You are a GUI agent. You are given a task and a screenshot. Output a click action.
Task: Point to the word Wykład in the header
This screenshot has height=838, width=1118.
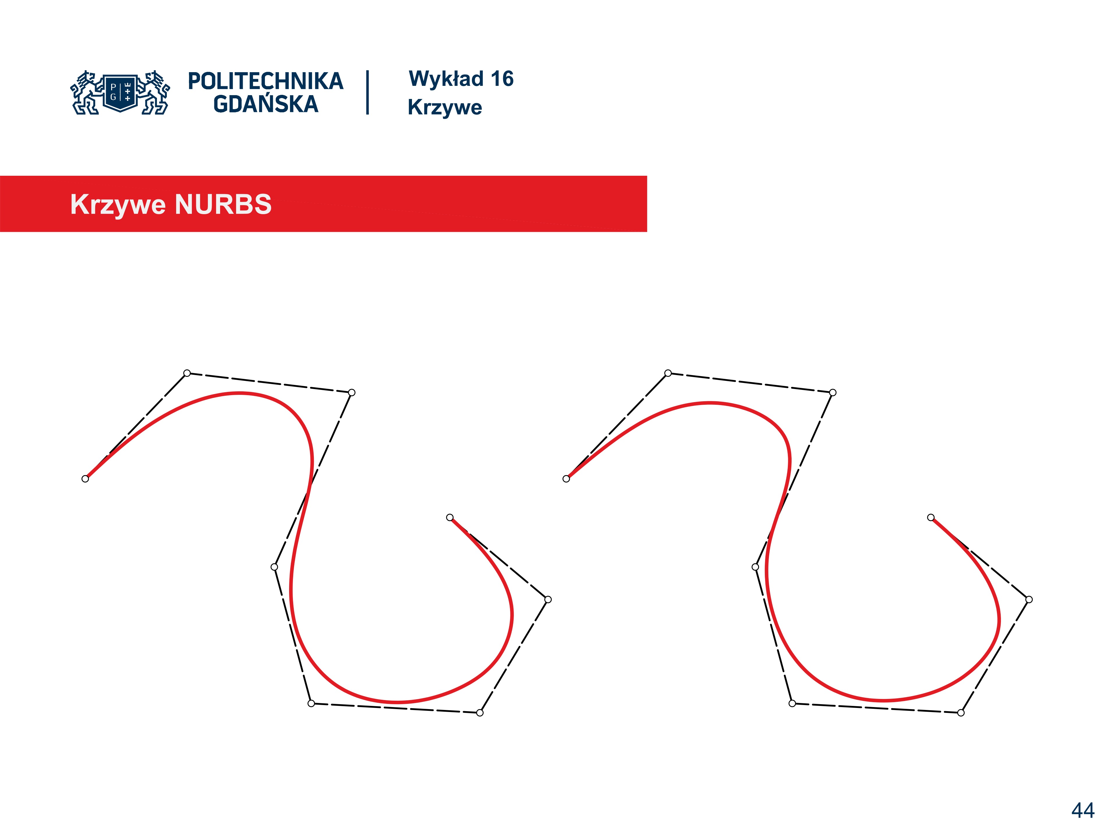click(x=446, y=79)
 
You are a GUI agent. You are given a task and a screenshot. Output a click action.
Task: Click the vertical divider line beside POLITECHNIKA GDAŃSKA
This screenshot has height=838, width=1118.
click(x=367, y=93)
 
